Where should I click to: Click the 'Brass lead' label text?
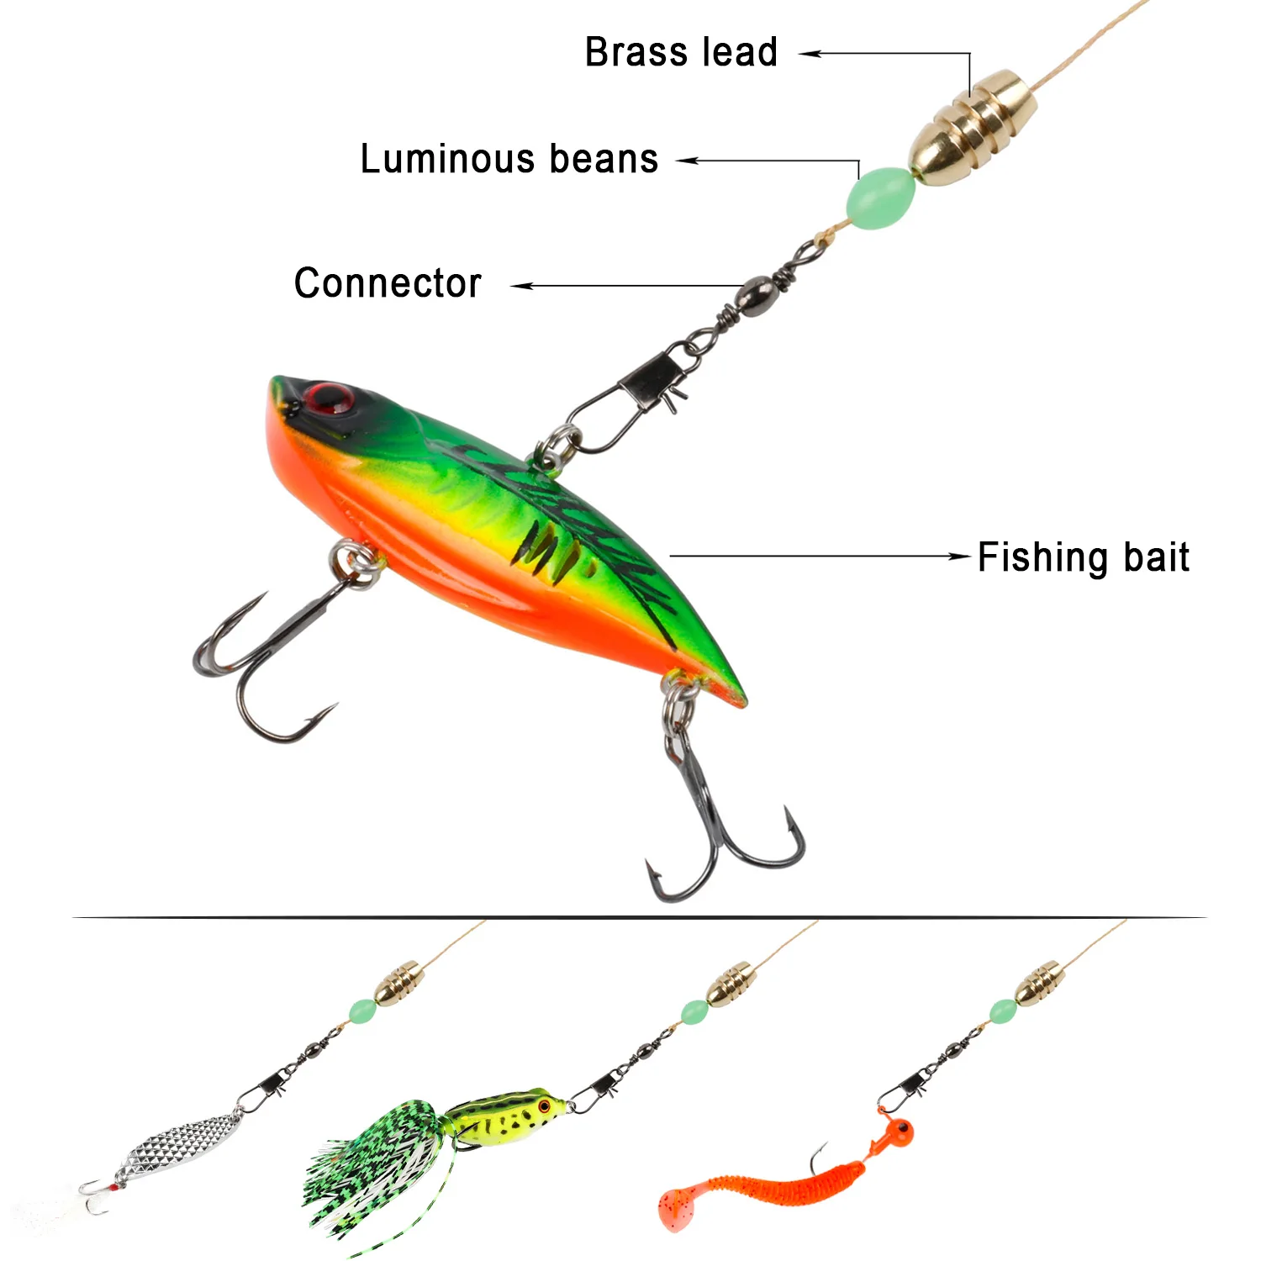pos(681,52)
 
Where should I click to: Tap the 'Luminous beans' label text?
pos(509,159)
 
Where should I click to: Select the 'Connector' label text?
pos(388,283)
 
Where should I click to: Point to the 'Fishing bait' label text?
pos(1083,557)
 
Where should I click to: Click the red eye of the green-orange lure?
pos(328,397)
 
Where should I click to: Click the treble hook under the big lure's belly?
pos(269,656)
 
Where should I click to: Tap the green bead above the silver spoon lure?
pos(361,1009)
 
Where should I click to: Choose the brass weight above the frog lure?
pos(728,984)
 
